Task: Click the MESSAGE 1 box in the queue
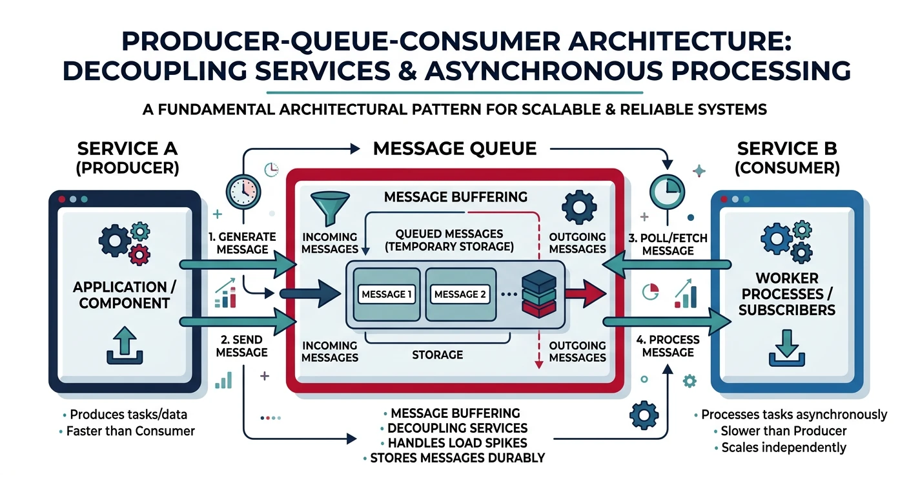387,294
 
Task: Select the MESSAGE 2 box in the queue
460,294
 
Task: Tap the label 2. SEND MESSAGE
242,346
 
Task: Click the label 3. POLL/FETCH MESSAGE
668,243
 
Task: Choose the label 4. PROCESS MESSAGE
668,346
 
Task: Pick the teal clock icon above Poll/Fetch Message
665,189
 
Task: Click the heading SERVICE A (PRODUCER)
127,158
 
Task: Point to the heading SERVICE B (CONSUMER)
788,158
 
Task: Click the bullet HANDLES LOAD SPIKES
457,443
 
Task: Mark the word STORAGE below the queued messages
438,355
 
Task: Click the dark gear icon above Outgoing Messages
577,208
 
